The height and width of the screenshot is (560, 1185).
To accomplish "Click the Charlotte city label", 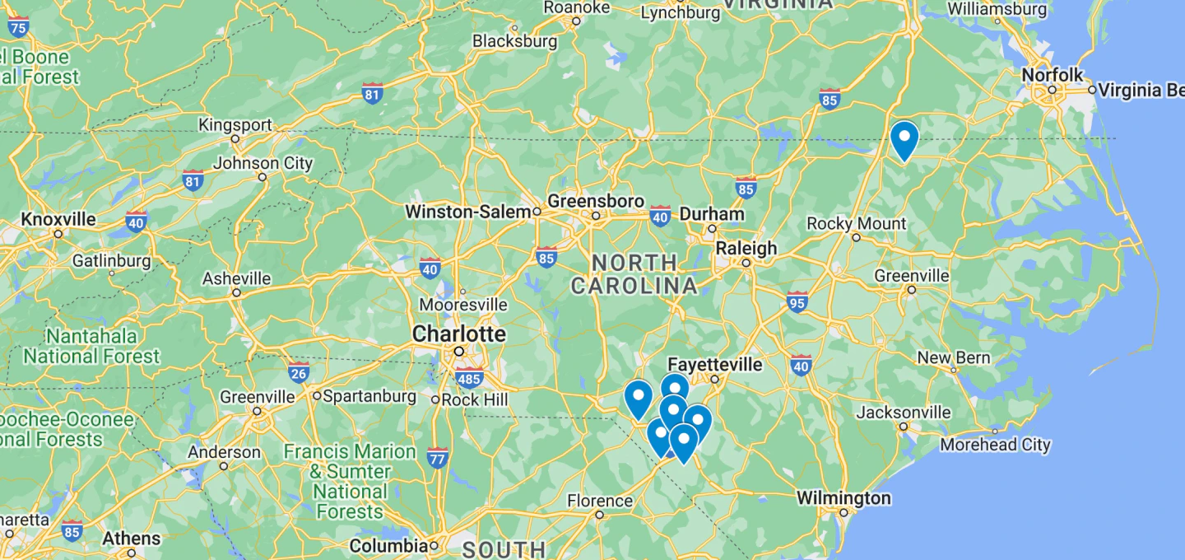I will tap(458, 334).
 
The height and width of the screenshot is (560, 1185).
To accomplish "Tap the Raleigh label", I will tap(746, 248).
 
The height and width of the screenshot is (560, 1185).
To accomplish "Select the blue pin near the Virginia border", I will tap(904, 139).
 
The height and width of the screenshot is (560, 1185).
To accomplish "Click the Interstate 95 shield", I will tap(797, 301).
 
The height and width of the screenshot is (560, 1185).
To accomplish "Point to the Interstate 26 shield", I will tap(299, 372).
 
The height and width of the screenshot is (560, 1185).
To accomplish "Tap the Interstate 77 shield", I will tap(438, 457).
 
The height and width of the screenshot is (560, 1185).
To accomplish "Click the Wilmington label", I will tap(843, 498).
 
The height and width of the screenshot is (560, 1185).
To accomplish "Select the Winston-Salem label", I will tap(467, 212).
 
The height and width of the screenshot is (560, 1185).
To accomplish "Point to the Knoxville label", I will tap(58, 220).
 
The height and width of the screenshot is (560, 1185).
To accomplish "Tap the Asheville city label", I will tap(236, 278).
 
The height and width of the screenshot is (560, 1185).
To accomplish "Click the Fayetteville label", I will tap(714, 364).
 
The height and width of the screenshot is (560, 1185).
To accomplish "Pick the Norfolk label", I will tap(1053, 75).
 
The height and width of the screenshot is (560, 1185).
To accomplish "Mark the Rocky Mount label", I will tap(856, 223).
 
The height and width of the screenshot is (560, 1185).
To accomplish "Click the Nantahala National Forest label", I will tap(91, 346).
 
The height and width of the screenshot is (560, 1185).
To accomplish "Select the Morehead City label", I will tap(995, 445).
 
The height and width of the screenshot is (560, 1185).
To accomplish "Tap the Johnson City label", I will tap(263, 163).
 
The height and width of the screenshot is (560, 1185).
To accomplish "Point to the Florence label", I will tap(599, 501).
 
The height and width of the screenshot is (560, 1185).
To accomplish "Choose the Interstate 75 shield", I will tap(18, 27).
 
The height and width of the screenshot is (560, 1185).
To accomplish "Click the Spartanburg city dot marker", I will tap(317, 395).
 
